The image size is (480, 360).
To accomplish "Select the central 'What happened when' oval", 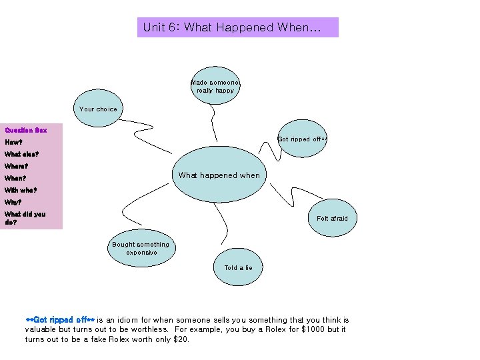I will [219, 175].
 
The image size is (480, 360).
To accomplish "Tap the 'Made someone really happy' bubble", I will [215, 86].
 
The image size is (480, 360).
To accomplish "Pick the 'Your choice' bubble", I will [98, 109].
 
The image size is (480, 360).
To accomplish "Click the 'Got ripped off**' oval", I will [302, 139].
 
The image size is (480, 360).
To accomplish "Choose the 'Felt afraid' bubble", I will [332, 218].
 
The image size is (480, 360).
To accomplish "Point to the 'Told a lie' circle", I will [238, 268].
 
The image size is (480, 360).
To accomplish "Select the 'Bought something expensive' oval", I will [141, 249].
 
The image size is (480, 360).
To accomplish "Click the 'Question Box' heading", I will [25, 130].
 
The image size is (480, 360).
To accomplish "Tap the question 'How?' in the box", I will [14, 142].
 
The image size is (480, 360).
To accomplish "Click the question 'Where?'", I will [16, 166].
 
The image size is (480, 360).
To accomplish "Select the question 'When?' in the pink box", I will [15, 178].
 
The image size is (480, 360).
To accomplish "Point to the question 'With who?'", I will [21, 190].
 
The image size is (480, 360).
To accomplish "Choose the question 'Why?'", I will [13, 202].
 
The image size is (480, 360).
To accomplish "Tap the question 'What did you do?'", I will [25, 218].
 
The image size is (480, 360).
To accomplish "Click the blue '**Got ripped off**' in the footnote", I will [60, 320].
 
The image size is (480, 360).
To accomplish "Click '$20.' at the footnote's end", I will [181, 339].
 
